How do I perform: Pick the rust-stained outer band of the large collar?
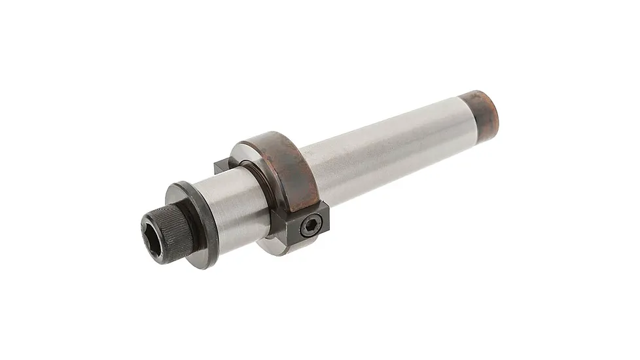[x=288, y=164]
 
